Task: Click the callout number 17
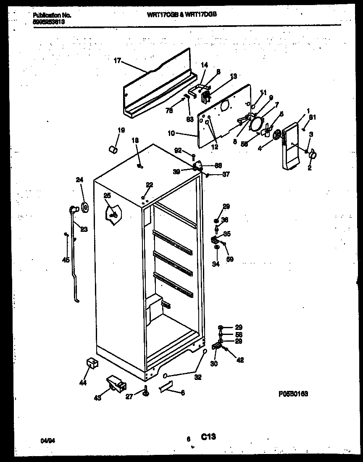point(117,61)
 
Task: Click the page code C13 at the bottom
point(208,437)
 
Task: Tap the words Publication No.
point(52,15)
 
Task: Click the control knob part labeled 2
point(312,156)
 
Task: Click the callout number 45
point(66,260)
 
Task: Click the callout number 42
point(240,360)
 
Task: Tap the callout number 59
point(230,259)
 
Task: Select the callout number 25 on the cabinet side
point(107,196)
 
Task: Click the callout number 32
point(197,377)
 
